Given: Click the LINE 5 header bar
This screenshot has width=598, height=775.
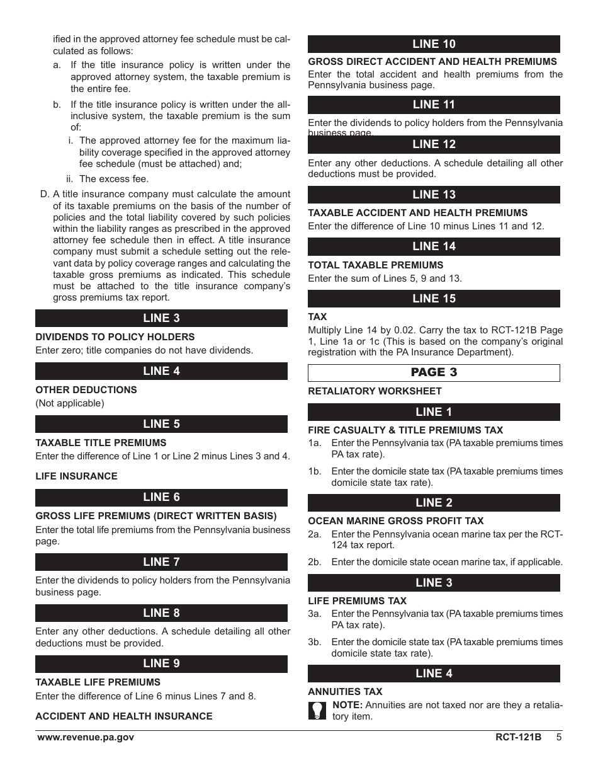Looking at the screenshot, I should [x=161, y=424].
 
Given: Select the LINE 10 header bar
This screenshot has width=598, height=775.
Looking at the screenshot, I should [x=434, y=44].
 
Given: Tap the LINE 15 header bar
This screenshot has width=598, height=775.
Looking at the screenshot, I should [x=434, y=299].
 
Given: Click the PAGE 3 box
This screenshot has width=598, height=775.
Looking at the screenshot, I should [x=434, y=372].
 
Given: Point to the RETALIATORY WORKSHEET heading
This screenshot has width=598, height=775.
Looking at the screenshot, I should [x=375, y=391].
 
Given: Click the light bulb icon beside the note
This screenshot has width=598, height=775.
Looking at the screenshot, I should [x=317, y=711].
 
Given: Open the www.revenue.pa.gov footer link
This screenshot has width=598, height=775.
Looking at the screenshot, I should [x=85, y=738].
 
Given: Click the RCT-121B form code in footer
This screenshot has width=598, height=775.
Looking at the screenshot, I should [x=518, y=738].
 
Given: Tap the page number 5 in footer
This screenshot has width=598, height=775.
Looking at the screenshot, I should [x=558, y=738].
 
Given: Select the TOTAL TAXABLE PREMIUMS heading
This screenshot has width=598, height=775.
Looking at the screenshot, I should [x=375, y=265].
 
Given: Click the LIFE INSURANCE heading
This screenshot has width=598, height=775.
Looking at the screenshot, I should [x=76, y=476].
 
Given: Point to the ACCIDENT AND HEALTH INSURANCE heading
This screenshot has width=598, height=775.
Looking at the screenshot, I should [x=124, y=716].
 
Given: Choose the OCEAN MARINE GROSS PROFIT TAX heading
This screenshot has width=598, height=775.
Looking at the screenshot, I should [x=396, y=521].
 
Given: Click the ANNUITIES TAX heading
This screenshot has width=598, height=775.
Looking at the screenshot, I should [x=345, y=692].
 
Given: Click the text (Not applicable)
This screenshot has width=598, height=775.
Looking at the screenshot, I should [x=70, y=403].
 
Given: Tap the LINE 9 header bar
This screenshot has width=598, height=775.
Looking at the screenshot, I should [x=161, y=663].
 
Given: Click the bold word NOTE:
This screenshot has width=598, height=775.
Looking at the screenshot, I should [x=347, y=705].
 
